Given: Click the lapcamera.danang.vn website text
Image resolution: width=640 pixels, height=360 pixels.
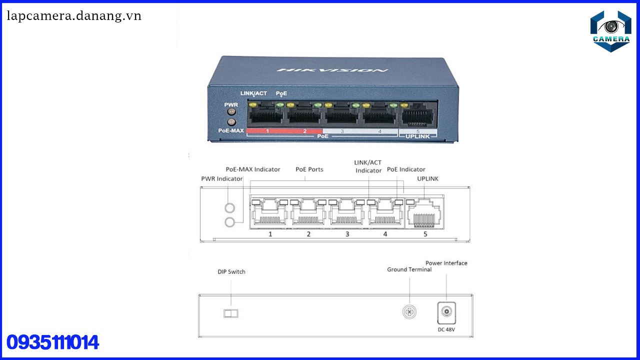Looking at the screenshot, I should pyautogui.click(x=74, y=16).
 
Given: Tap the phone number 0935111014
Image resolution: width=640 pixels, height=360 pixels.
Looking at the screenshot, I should pyautogui.click(x=52, y=343).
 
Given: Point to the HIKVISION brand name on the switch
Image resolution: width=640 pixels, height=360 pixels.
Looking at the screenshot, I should pyautogui.click(x=332, y=69).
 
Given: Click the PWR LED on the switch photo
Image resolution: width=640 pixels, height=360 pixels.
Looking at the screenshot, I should pyautogui.click(x=231, y=112).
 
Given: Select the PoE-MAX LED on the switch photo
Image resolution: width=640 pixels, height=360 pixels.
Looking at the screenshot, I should pyautogui.click(x=231, y=122).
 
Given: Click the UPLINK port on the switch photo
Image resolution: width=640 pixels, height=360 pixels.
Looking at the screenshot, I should pyautogui.click(x=417, y=115).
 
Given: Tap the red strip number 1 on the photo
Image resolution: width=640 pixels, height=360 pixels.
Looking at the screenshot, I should pyautogui.click(x=267, y=131).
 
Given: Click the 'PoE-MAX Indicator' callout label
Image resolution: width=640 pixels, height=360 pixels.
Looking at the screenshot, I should pyautogui.click(x=253, y=169).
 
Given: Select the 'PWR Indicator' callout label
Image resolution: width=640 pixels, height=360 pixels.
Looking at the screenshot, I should pyautogui.click(x=221, y=178).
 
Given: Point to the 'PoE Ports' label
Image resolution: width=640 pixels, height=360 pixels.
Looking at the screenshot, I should pyautogui.click(x=309, y=169).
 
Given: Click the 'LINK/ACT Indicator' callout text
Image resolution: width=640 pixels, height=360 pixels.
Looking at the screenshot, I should pyautogui.click(x=368, y=166).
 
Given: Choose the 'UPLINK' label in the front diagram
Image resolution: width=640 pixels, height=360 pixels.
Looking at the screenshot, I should pyautogui.click(x=427, y=178).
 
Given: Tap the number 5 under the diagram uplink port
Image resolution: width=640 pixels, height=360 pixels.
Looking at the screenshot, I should pyautogui.click(x=425, y=234).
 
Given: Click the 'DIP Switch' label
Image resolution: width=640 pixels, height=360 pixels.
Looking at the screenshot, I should pyautogui.click(x=231, y=272).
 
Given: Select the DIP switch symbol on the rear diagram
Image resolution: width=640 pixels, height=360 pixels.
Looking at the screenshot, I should pyautogui.click(x=230, y=313).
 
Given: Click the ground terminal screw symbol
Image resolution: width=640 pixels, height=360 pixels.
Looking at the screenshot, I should pyautogui.click(x=409, y=312).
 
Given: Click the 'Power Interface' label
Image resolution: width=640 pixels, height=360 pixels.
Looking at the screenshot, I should pyautogui.click(x=446, y=263).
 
